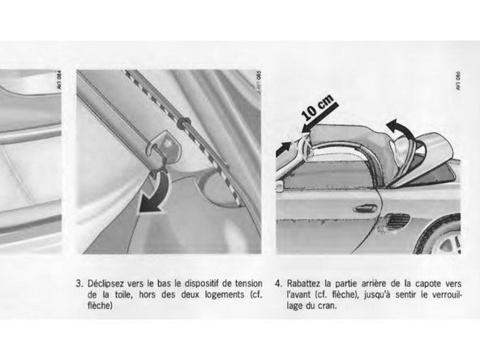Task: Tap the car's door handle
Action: (x=365, y=209)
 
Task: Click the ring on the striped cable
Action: (x=184, y=122)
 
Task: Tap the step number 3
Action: (x=79, y=283)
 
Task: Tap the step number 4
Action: (x=278, y=283)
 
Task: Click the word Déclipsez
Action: (x=105, y=284)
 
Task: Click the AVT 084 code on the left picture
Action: (x=58, y=80)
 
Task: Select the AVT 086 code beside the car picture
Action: (x=458, y=81)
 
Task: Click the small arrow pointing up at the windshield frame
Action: (x=284, y=148)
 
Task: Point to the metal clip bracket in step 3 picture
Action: (x=164, y=145)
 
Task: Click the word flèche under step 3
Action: (x=99, y=306)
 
